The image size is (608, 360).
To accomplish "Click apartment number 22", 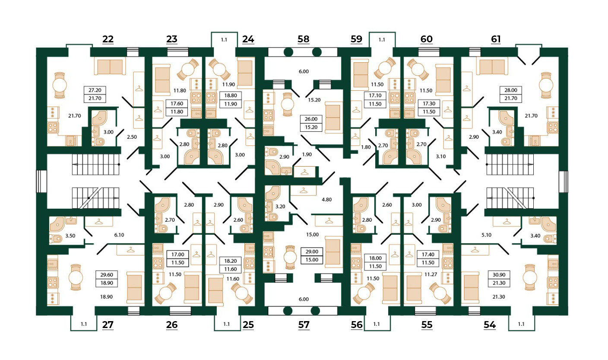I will [108, 39].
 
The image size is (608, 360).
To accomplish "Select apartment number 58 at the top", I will [304, 39].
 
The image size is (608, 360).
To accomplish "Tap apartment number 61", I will [496, 39].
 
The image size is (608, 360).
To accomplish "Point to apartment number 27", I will [108, 325].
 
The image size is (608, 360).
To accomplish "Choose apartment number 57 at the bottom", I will [304, 325].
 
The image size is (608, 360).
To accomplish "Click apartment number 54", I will [490, 325].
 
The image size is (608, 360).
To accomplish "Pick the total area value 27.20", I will [95, 91].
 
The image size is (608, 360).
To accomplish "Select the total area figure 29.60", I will [106, 274].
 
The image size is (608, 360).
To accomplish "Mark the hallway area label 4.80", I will [326, 200].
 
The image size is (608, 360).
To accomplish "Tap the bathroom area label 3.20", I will [280, 207].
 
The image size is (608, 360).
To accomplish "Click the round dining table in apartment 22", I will [60, 85].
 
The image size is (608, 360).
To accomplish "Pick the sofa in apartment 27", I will [134, 288].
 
